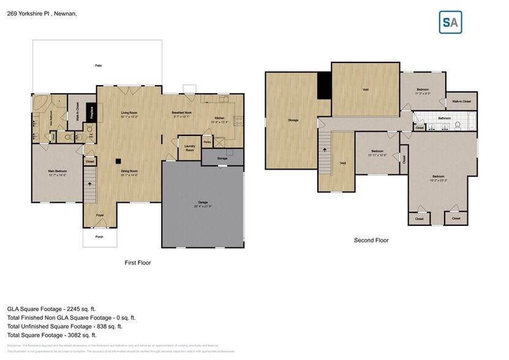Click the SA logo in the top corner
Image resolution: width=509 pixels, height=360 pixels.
pyautogui.click(x=450, y=22)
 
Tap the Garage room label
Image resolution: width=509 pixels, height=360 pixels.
pyautogui.click(x=203, y=202)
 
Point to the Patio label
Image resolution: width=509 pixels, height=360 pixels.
pyautogui.click(x=98, y=66)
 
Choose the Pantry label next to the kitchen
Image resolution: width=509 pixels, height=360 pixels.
pyautogui.click(x=207, y=142)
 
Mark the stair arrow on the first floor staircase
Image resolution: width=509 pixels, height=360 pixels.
pyautogui.click(x=89, y=183)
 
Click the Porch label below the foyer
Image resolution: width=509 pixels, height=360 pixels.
pyautogui.click(x=99, y=236)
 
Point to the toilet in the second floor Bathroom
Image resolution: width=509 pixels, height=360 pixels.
pyautogui.click(x=458, y=126)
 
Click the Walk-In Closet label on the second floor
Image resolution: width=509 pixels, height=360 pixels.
pyautogui.click(x=461, y=102)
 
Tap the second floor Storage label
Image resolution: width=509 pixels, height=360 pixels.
pyautogui.click(x=293, y=120)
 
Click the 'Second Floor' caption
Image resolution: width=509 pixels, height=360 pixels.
pyautogui.click(x=371, y=241)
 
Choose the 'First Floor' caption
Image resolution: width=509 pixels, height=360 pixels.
pyautogui.click(x=138, y=263)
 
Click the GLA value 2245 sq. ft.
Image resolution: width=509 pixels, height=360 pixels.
pyautogui.click(x=79, y=309)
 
